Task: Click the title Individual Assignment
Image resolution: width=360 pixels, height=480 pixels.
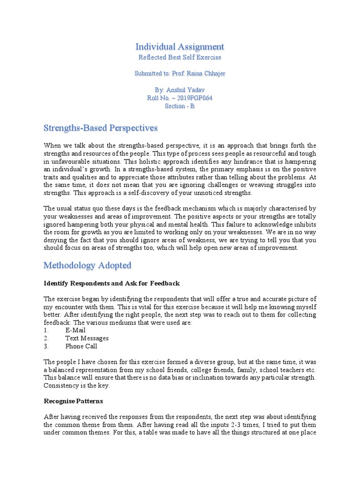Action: (x=180, y=46)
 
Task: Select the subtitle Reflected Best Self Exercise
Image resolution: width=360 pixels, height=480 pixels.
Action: (x=180, y=57)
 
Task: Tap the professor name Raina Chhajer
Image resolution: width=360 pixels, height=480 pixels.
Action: (x=202, y=74)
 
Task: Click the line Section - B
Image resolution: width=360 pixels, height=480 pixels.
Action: (x=180, y=106)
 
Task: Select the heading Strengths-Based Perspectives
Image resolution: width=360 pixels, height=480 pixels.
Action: (x=100, y=128)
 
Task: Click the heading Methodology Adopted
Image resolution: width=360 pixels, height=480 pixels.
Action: (x=87, y=265)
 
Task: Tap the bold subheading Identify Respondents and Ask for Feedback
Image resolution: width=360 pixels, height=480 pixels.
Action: (x=112, y=284)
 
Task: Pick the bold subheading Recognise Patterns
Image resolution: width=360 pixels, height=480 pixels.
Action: (x=73, y=401)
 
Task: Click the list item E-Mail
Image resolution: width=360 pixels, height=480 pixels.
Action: (x=75, y=330)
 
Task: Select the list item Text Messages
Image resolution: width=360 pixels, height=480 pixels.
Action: (x=87, y=338)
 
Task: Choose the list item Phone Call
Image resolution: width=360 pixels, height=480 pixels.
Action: (x=81, y=346)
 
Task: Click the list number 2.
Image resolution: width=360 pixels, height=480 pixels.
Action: (x=46, y=338)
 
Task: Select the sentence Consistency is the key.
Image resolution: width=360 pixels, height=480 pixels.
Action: (x=77, y=385)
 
